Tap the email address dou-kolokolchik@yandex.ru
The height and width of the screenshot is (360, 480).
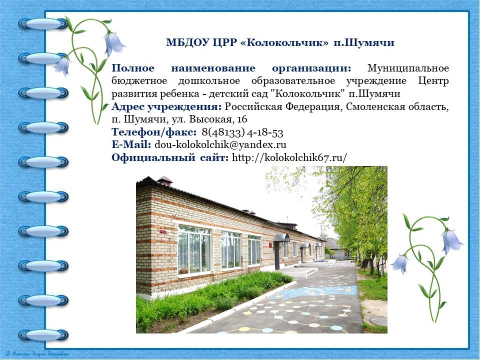[x=220, y=144]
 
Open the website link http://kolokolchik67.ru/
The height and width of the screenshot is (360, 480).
[x=289, y=157]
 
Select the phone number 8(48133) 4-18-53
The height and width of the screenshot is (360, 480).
[x=242, y=132]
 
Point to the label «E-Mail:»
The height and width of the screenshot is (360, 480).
[x=131, y=144]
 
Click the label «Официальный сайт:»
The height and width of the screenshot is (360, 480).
[x=170, y=157]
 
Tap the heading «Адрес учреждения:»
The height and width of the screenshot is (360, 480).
[x=166, y=107]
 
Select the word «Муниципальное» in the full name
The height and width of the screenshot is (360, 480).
[x=408, y=68]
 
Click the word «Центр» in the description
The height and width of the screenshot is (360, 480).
[x=433, y=81]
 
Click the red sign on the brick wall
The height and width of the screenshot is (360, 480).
[x=163, y=231]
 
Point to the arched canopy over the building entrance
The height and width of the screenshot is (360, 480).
[x=281, y=237]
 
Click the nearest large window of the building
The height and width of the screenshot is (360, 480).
[x=194, y=250]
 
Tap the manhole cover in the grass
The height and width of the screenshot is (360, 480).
[x=378, y=320]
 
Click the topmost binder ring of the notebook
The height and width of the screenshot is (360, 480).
[x=43, y=23]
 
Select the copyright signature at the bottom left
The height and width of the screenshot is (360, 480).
[x=37, y=354]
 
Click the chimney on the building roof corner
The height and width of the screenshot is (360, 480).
[x=164, y=180]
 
